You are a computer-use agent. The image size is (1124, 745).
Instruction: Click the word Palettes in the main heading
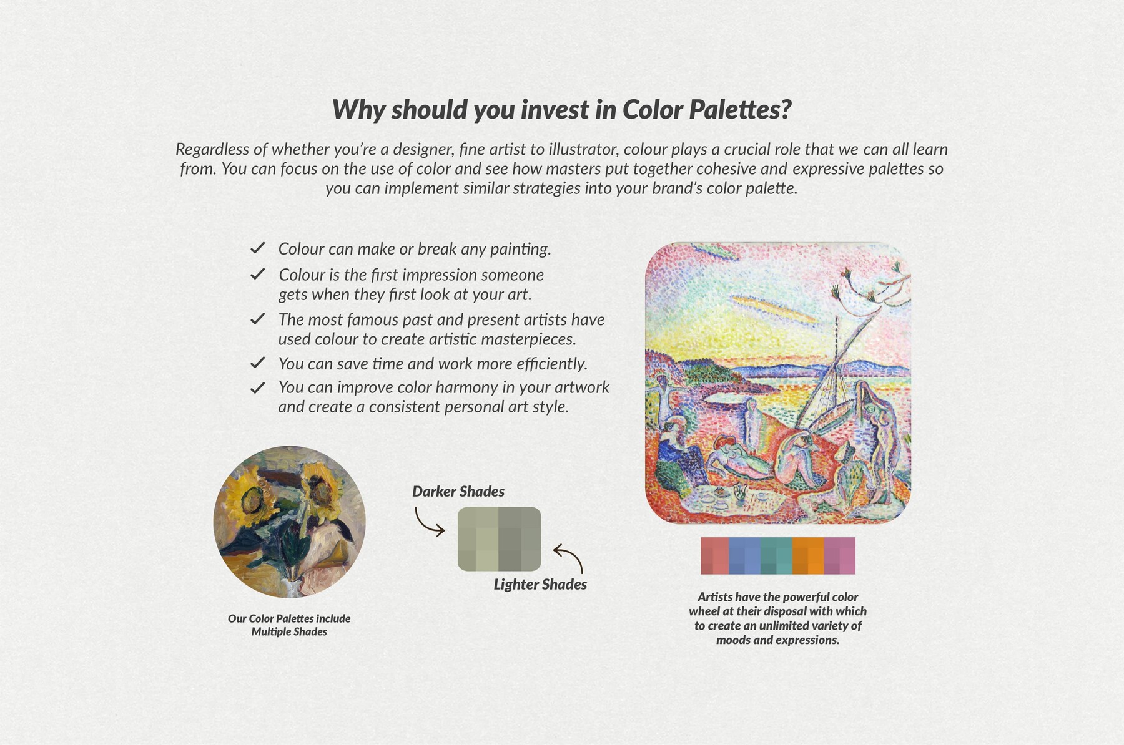(740, 110)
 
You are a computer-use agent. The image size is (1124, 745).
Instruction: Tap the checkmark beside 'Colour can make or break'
(257, 248)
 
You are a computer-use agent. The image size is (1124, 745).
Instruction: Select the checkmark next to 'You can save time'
(257, 363)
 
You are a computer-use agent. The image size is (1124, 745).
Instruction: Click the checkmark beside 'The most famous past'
(257, 319)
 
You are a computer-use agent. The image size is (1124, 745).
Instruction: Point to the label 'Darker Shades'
(458, 492)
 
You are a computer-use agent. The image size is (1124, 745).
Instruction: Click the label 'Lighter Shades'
(540, 585)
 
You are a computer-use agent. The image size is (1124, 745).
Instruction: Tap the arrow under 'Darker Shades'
(430, 522)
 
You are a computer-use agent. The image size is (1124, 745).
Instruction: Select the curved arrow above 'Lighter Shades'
(569, 557)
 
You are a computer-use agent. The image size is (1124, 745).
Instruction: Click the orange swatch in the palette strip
(808, 555)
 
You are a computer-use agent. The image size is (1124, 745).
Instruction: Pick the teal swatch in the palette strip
(777, 555)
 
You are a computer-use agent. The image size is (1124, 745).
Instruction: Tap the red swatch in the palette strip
(715, 555)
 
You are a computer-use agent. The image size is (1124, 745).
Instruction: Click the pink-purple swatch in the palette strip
(840, 555)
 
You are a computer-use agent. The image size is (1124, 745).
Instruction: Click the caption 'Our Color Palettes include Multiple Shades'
(289, 625)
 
